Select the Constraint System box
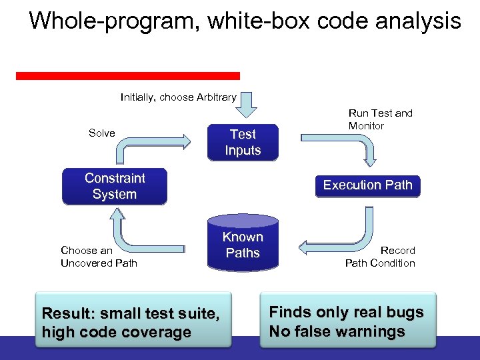click(x=114, y=187)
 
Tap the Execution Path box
click(x=367, y=185)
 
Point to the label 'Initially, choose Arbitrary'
click(x=178, y=97)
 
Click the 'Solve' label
click(x=101, y=133)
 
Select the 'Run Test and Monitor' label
click(x=380, y=119)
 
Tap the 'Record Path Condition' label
click(x=380, y=257)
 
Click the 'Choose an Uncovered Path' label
click(x=99, y=257)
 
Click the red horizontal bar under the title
click(x=127, y=76)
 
